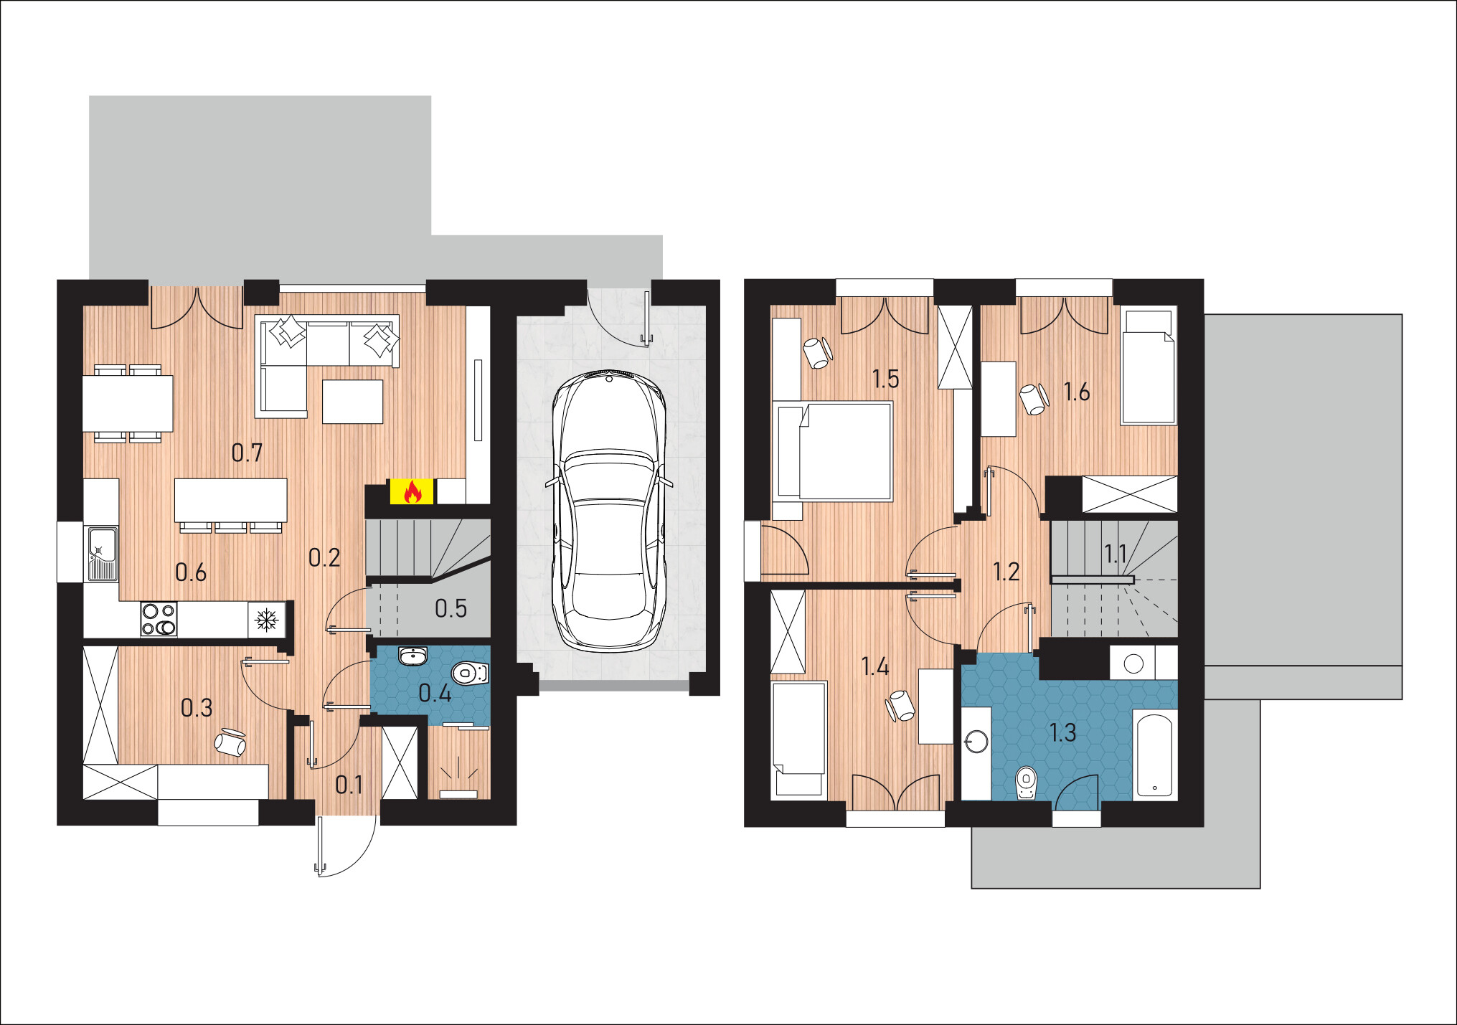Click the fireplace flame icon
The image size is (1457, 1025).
[x=412, y=491]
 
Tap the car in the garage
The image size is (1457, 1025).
[x=608, y=511]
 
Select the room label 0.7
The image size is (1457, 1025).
[x=247, y=453]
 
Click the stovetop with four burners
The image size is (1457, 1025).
[x=159, y=619]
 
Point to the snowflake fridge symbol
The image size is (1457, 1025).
[x=267, y=619]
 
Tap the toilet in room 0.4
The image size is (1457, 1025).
[x=471, y=673]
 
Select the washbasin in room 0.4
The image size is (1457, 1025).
[x=412, y=656]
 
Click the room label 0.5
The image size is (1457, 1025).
[x=451, y=608]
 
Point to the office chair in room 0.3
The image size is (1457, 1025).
[x=230, y=742]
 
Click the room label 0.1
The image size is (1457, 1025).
[x=349, y=785]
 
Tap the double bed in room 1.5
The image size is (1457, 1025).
[x=835, y=450]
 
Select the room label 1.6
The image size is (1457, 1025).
[x=1076, y=392]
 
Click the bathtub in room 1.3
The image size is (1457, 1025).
[x=1154, y=755]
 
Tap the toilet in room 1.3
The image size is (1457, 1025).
[x=1027, y=783]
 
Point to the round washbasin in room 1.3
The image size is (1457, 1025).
[x=976, y=741]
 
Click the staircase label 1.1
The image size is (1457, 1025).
[x=1115, y=554]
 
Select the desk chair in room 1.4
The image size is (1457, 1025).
[x=900, y=705]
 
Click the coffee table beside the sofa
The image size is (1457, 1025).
[x=352, y=402]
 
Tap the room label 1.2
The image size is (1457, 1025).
[x=1006, y=572]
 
